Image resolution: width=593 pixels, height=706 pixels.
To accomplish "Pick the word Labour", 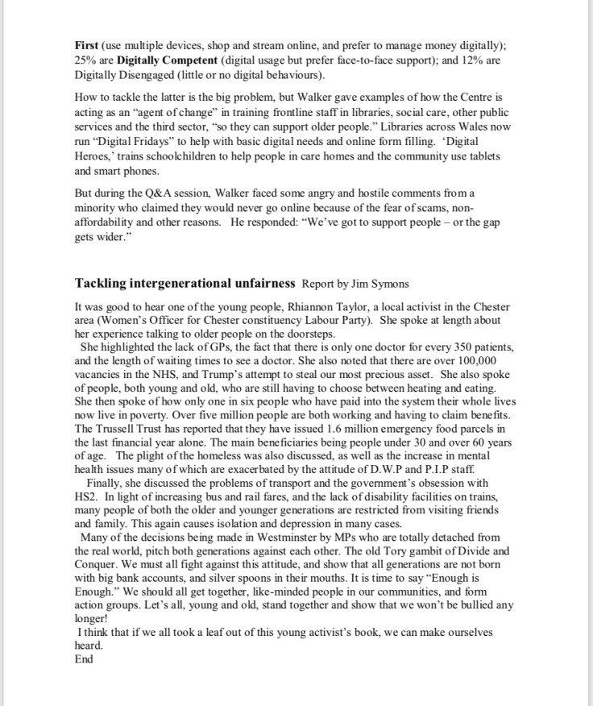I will [x=326, y=320].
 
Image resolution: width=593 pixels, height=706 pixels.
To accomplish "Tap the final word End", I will [x=83, y=659].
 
